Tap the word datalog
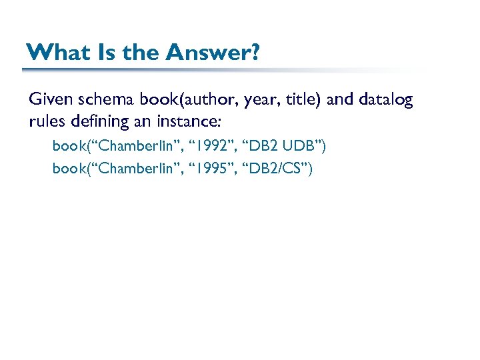pyautogui.click(x=386, y=100)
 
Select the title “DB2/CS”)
pyautogui.click(x=280, y=168)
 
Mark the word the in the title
pyautogui.click(x=141, y=52)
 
